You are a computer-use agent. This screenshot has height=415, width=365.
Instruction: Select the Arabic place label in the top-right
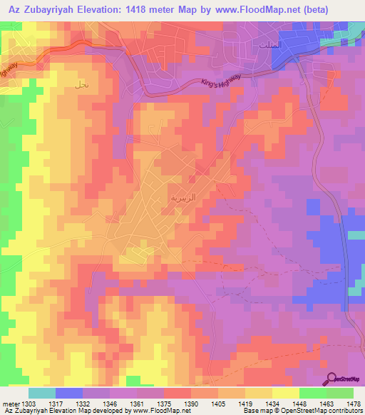[x=268, y=44]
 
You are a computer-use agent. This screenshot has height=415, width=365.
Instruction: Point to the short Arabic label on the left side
[x=81, y=83]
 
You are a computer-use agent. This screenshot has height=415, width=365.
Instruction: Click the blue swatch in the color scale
[x=68, y=393]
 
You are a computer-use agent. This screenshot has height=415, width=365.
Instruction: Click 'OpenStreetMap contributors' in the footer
[x=320, y=411]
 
